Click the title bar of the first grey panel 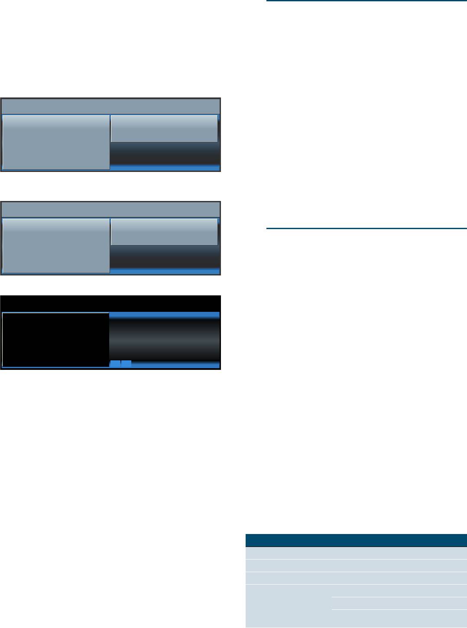coord(110,106)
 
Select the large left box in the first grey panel coord(56,142)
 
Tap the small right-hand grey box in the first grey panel coord(164,128)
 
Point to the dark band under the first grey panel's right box coord(165,152)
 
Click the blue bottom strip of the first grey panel coord(165,168)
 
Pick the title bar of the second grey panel coord(110,210)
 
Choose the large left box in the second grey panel coord(56,246)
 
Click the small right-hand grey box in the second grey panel coord(164,232)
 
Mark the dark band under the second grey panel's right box coord(165,256)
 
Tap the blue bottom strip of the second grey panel coord(165,272)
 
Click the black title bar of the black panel coord(110,303)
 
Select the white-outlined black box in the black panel coord(55,340)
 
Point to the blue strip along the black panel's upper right coord(165,315)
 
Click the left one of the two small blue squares coord(115,364)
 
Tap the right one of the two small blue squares coord(126,364)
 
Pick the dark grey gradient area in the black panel coord(165,340)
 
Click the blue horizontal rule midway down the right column coord(366,228)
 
